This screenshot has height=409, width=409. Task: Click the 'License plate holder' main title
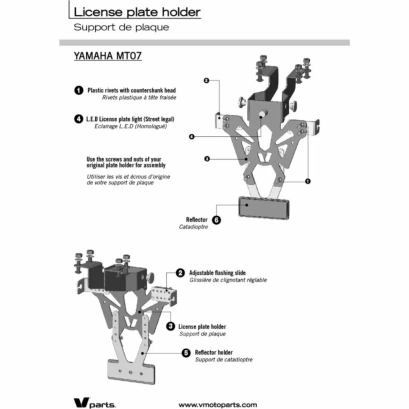click(137, 12)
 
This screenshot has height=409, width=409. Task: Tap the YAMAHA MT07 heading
click(108, 56)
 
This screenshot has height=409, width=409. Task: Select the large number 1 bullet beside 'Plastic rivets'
click(79, 90)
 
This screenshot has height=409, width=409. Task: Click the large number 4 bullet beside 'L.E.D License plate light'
click(79, 119)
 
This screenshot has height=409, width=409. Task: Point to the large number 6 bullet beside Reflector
click(216, 220)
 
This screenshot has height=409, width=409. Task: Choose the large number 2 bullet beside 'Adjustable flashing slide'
click(180, 273)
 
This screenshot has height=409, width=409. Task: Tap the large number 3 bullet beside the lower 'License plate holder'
click(171, 326)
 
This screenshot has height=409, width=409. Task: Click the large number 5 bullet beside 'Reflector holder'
click(186, 353)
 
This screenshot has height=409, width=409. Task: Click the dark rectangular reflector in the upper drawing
click(264, 208)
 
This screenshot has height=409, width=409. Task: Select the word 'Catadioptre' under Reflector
click(193, 227)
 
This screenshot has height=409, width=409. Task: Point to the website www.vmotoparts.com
click(218, 405)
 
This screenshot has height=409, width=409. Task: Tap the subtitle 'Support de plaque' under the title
click(121, 27)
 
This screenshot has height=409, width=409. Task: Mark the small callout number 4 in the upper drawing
click(192, 137)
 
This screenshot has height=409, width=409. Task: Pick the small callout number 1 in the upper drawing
click(308, 181)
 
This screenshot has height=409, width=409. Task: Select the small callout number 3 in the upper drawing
click(207, 159)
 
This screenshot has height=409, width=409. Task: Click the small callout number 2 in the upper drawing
click(206, 81)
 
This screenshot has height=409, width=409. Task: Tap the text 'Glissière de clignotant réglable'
click(228, 280)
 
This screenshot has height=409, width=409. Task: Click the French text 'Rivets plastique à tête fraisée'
click(139, 98)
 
